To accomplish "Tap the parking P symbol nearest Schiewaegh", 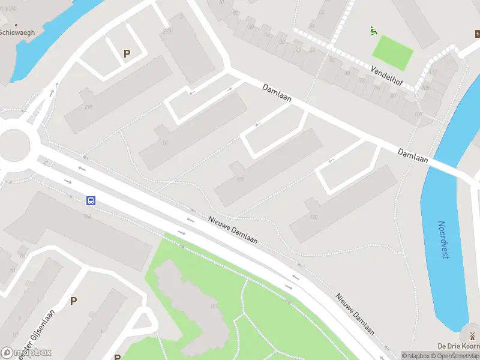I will tap(127, 54).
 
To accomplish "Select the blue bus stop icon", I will tap(91, 201).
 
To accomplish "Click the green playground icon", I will tap(374, 31).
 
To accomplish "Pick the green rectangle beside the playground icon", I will tap(393, 52).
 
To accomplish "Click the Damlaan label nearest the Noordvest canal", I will tap(413, 155).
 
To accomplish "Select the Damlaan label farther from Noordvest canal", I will tap(277, 94).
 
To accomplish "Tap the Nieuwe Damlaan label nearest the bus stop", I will tap(233, 230).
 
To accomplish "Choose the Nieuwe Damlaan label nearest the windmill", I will tap(355, 314).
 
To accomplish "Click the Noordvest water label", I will tap(443, 240).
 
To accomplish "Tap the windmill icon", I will tap(472, 335).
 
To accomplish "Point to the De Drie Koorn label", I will tap(458, 346).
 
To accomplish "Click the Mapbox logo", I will tap(26, 353).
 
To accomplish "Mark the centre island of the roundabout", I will tap(12, 146).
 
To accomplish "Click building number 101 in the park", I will tap(213, 307).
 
